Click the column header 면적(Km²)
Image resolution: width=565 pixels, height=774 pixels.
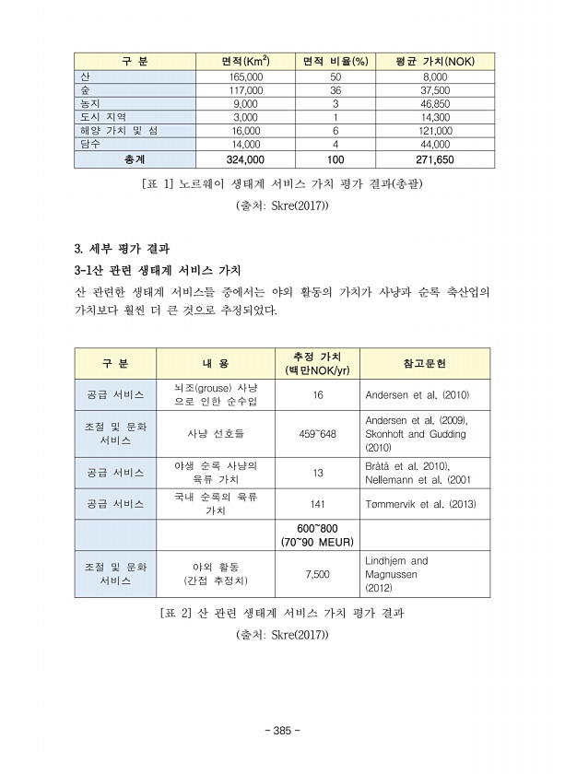tap(244, 61)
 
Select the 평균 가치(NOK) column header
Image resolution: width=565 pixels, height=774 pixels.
tap(423, 61)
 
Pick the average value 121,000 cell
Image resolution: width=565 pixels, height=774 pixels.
tap(435, 131)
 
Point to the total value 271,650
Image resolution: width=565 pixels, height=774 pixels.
tap(435, 159)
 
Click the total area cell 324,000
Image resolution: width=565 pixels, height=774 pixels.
tap(245, 159)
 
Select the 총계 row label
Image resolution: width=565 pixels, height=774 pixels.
tap(135, 159)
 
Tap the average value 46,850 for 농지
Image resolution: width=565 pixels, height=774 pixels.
tap(435, 104)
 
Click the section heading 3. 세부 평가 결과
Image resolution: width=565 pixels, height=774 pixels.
tap(122, 250)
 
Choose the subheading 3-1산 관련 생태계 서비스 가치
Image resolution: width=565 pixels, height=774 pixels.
tap(157, 270)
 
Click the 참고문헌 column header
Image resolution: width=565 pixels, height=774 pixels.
tap(424, 363)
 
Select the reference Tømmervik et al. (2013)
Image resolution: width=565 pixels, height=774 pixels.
tap(421, 504)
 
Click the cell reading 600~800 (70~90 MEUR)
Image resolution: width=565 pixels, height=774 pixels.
tap(318, 535)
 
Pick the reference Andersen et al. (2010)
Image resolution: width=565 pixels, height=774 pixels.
tap(418, 395)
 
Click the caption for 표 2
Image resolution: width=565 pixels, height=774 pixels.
tap(282, 613)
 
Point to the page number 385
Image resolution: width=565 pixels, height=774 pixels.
tap(282, 730)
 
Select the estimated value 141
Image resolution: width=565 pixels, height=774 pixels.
tap(317, 504)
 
